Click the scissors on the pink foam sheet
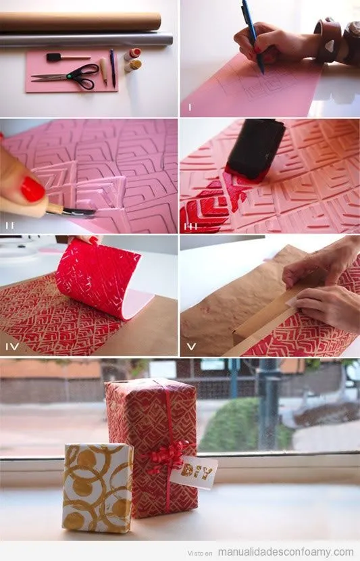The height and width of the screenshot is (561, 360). coord(72,76)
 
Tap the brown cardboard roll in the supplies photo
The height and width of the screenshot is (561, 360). coord(80,22)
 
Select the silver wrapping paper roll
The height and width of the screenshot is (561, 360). coord(86,40)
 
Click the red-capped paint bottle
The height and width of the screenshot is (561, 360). coord(132,54)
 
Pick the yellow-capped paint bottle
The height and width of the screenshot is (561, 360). coord(133,66)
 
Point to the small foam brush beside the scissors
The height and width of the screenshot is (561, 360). coord(68,57)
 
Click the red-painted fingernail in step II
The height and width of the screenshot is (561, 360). coord(33,189)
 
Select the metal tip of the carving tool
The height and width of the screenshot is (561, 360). coord(80,212)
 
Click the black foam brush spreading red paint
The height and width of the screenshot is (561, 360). coord(255,150)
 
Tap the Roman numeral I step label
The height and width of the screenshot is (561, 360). coord(190,107)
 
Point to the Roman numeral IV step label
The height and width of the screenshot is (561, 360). coord(12,346)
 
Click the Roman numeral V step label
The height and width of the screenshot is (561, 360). coord(192,346)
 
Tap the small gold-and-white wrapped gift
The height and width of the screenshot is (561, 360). coord(97,488)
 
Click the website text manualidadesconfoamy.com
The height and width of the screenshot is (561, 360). coord(286,552)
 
